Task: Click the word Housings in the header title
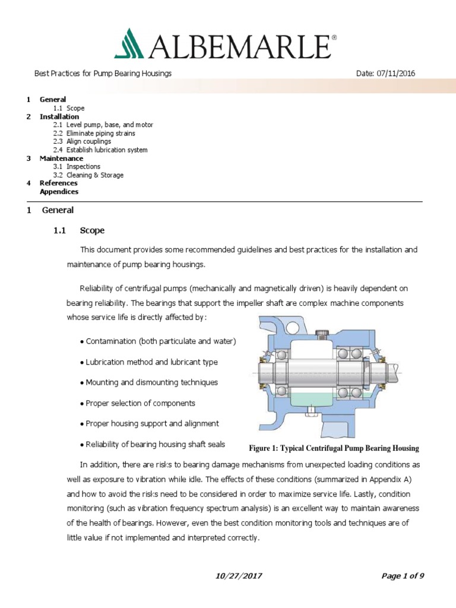tap(155, 73)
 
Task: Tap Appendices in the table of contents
tap(59, 192)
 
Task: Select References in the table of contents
tap(58, 183)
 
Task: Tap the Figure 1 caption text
tap(332, 448)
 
